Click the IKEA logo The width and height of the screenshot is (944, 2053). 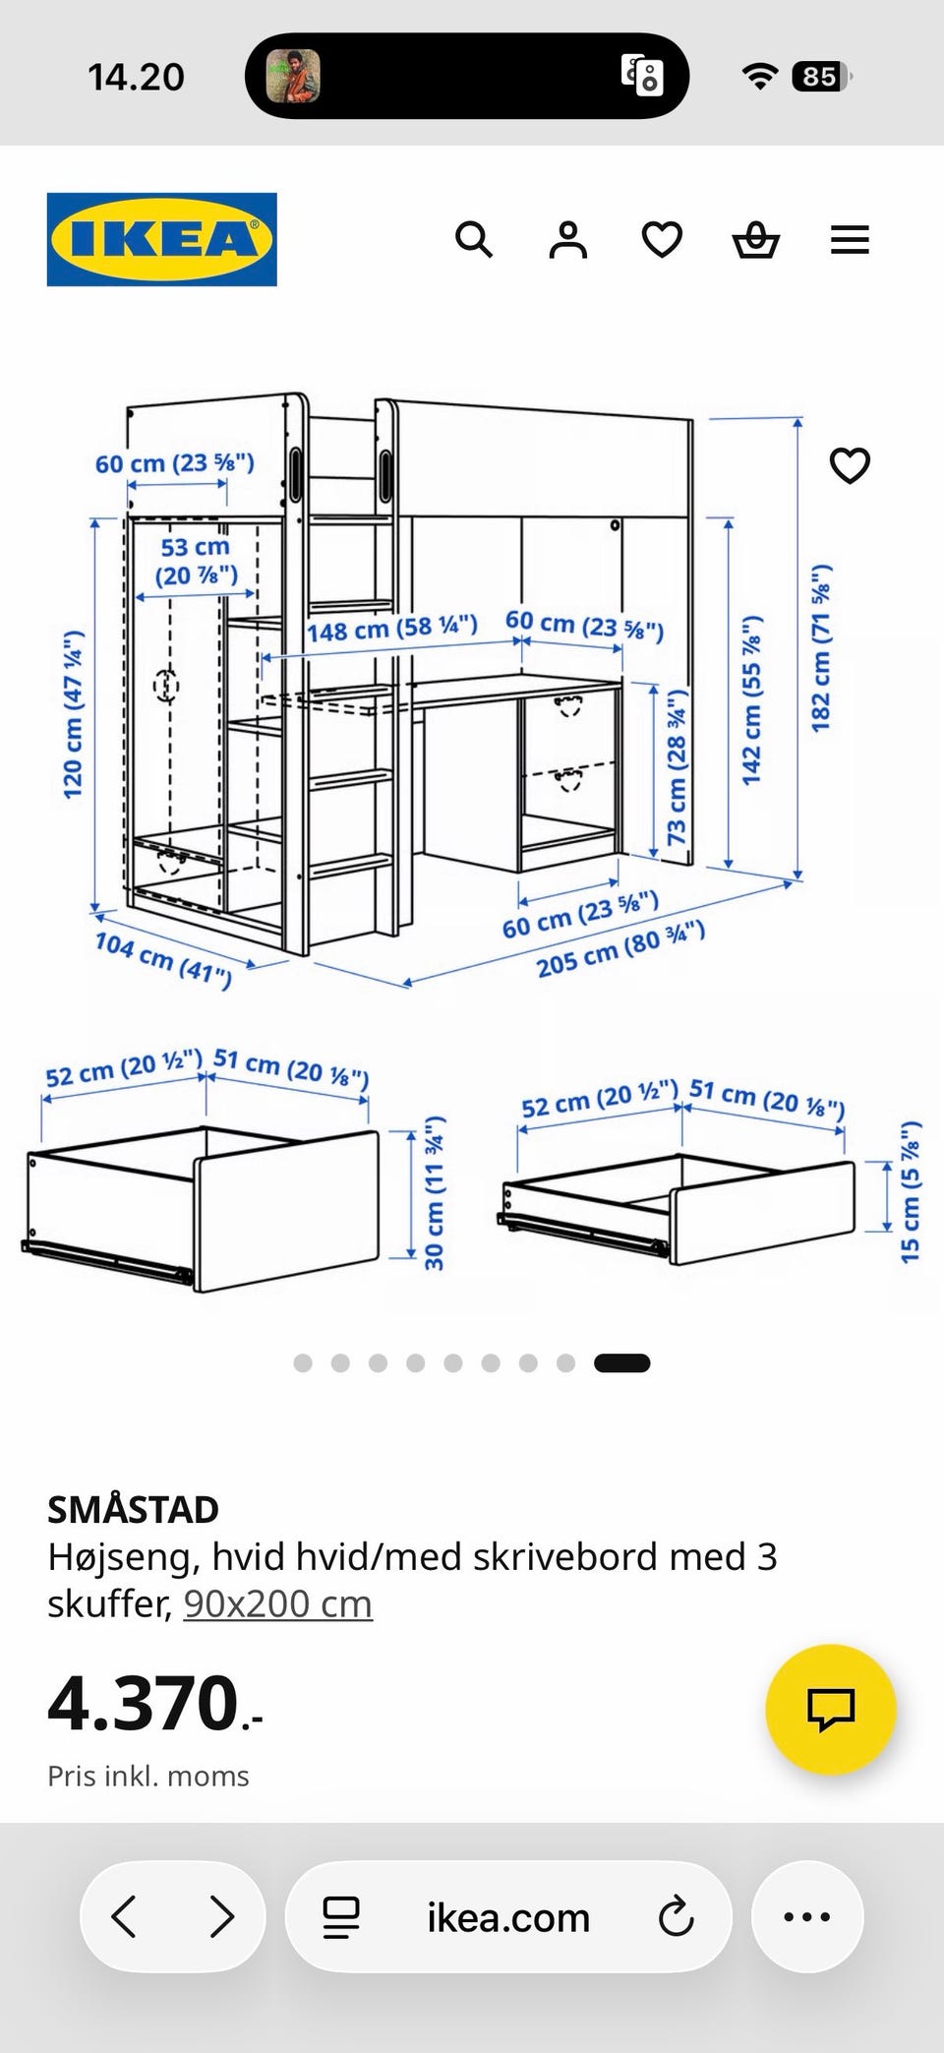(x=161, y=239)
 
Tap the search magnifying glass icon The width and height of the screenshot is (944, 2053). (x=473, y=239)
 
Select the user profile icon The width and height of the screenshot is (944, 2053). (x=567, y=239)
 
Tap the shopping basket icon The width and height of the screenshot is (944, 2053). (x=756, y=239)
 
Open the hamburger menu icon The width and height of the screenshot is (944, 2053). (x=850, y=240)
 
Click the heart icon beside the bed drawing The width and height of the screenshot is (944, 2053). (x=850, y=465)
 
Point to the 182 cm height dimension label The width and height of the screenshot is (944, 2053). (x=821, y=647)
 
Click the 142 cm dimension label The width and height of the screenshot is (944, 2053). (x=752, y=700)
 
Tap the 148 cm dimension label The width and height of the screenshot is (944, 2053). (x=391, y=628)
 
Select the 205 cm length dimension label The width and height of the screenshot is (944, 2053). (x=620, y=948)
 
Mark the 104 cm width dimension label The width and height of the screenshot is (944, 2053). (x=163, y=959)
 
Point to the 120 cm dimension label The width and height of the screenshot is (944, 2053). (x=73, y=714)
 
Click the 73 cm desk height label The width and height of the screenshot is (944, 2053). (x=677, y=767)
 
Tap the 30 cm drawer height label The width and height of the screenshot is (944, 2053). (x=435, y=1192)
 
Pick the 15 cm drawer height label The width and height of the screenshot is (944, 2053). (x=911, y=1191)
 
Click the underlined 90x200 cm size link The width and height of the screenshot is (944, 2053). (x=278, y=1603)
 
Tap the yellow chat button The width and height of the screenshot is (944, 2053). (x=831, y=1710)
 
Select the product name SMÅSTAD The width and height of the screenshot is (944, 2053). (x=133, y=1509)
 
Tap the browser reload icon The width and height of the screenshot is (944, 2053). (x=676, y=1916)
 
